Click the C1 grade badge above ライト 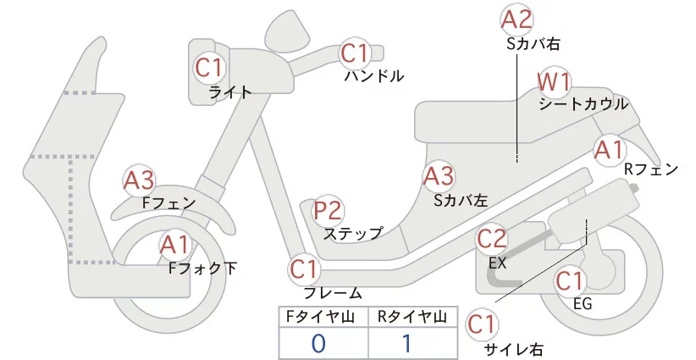click(209, 66)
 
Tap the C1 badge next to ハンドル click(356, 53)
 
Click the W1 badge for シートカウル click(555, 82)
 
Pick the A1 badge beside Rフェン click(609, 150)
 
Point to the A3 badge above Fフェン click(139, 180)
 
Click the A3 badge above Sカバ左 click(439, 176)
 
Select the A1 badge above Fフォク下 click(176, 246)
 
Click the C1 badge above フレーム click(305, 270)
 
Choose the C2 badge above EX click(492, 239)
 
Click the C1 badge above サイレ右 click(483, 324)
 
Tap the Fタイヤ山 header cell click(324, 317)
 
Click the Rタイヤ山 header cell click(412, 317)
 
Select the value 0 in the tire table click(319, 344)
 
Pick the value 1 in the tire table click(406, 344)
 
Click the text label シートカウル click(583, 104)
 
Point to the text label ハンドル click(374, 76)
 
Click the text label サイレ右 click(513, 348)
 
